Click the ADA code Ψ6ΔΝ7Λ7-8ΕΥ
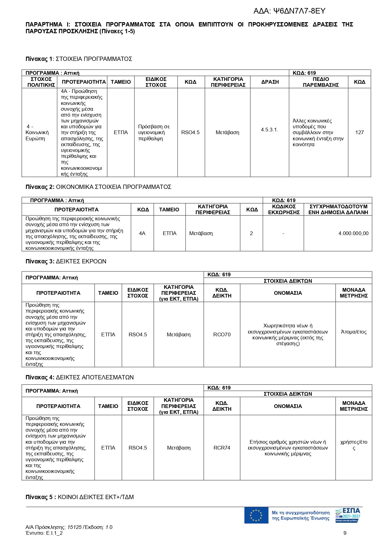289,11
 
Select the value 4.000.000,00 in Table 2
353,234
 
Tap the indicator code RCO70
222,335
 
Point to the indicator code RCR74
222,448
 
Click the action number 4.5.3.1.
269,130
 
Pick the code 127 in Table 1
359,133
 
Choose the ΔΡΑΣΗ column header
270,82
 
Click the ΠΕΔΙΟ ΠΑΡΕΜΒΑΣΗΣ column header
320,82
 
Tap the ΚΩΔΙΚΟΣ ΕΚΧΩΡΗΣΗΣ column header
283,210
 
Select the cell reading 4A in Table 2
142,234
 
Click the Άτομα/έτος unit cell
354,332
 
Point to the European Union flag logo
256,515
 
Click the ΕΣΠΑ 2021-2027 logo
348,515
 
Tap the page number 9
345,533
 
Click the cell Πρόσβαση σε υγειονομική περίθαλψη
154,133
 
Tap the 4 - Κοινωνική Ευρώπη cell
37,133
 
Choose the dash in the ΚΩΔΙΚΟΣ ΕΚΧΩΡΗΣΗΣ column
283,234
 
